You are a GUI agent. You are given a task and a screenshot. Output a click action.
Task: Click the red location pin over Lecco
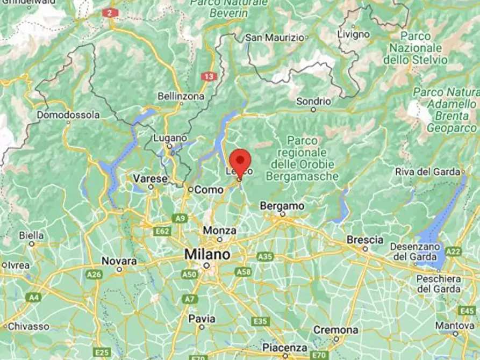(x=240, y=162)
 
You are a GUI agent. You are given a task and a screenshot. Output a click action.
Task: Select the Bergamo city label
(x=282, y=206)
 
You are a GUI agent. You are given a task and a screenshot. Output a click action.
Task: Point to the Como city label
(x=209, y=190)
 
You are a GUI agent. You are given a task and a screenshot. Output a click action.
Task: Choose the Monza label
(x=219, y=231)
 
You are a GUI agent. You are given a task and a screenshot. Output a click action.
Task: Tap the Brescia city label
(x=366, y=240)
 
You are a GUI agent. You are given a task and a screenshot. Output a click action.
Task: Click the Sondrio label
(x=313, y=101)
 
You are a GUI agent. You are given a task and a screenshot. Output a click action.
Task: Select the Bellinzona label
(x=181, y=96)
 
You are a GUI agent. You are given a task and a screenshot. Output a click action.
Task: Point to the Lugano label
(x=169, y=138)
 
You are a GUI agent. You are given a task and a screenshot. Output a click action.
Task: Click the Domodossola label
(x=68, y=115)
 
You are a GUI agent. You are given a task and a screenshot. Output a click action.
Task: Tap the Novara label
(x=119, y=261)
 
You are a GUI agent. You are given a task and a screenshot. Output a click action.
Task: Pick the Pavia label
(x=202, y=319)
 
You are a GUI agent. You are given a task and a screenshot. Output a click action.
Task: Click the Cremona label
(x=336, y=329)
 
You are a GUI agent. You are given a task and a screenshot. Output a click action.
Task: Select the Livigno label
(x=353, y=34)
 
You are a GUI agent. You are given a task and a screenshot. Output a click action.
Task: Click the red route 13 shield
(x=209, y=77)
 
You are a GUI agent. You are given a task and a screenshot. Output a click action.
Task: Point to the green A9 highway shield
(x=180, y=218)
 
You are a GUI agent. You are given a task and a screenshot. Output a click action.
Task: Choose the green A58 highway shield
(x=243, y=272)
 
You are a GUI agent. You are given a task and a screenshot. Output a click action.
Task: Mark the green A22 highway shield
(x=453, y=251)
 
